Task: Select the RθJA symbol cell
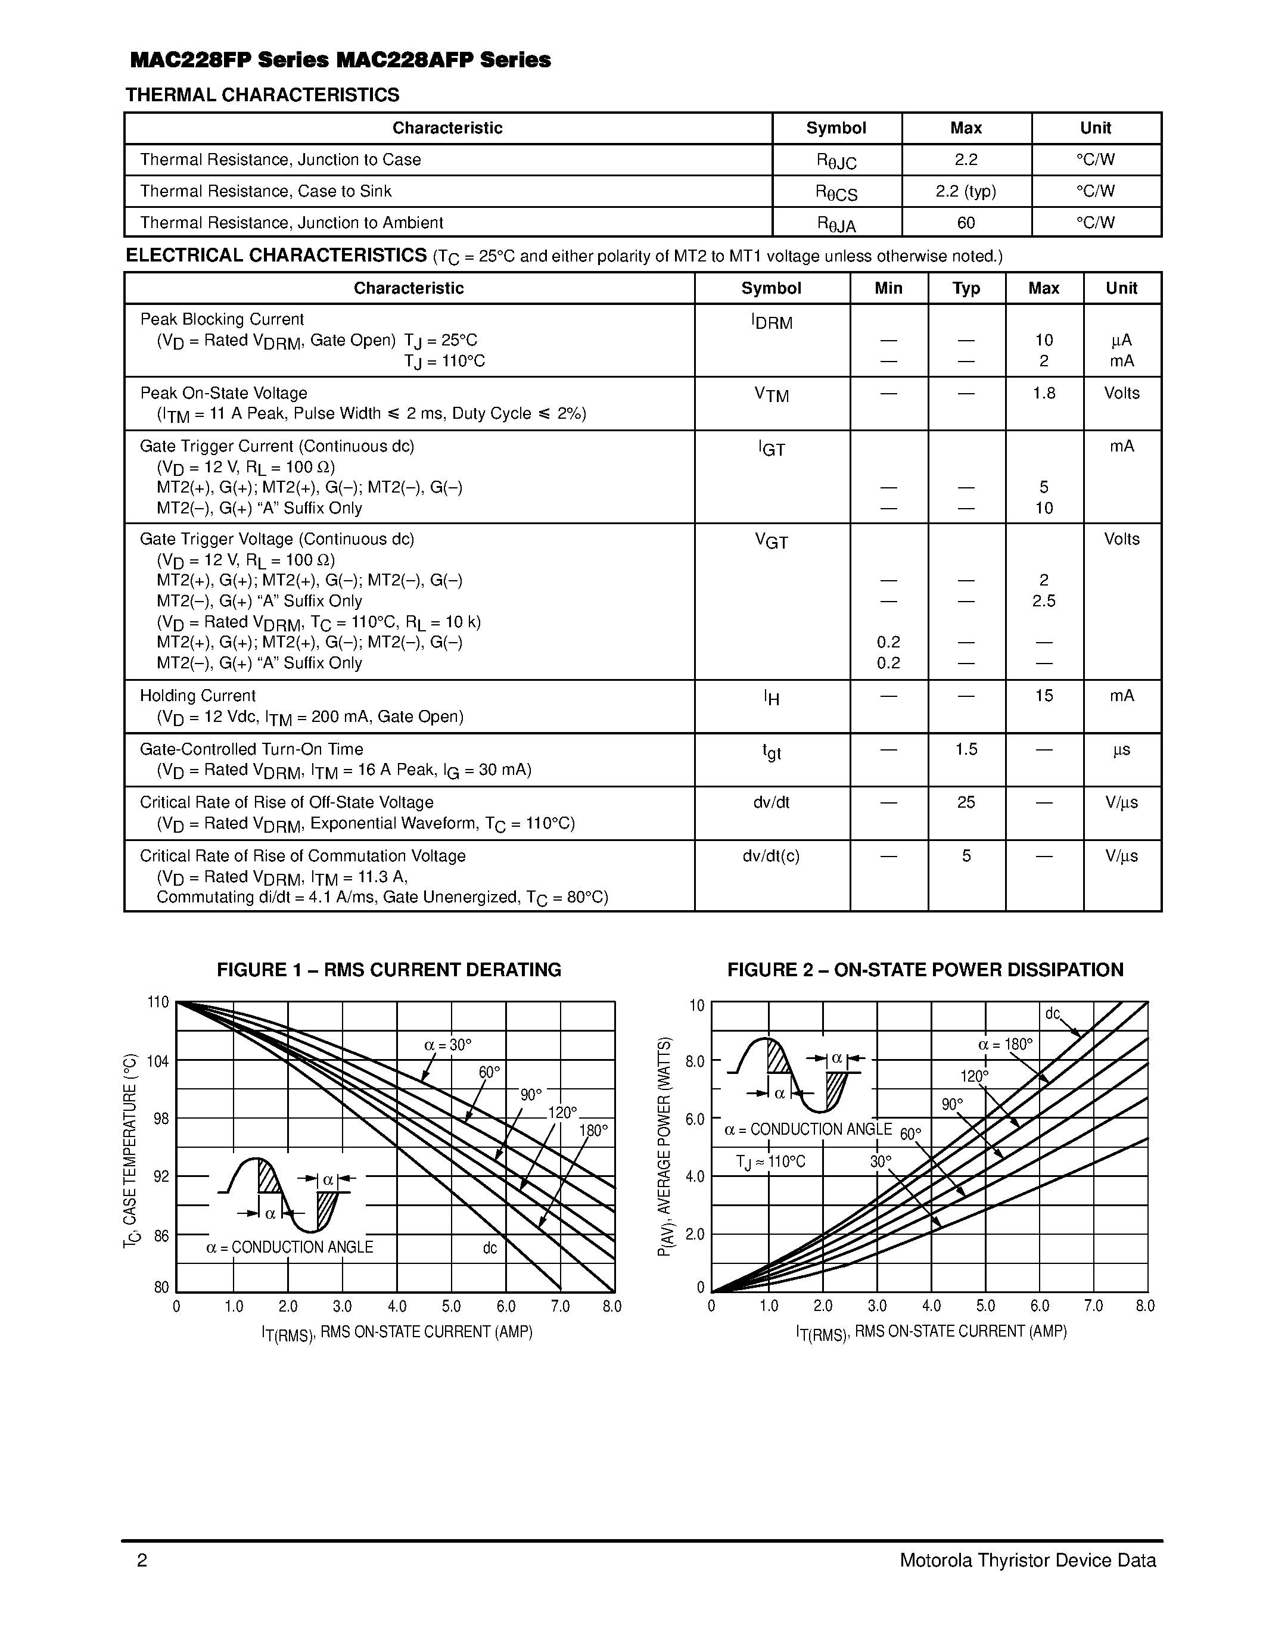point(836,223)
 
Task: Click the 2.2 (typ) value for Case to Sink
point(966,191)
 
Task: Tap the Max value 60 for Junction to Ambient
point(966,223)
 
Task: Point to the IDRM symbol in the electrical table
point(772,322)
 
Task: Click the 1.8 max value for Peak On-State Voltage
point(1043,393)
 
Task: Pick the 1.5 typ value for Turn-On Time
point(966,749)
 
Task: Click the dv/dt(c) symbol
point(771,856)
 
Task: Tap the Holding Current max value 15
point(1043,695)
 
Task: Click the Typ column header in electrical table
point(966,288)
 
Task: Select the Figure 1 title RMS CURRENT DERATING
point(388,970)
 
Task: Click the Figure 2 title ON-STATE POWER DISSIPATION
point(925,970)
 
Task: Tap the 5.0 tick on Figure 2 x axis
point(985,1306)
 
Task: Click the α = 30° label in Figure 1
point(448,1045)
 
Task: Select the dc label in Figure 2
point(1053,1014)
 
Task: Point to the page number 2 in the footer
point(142,1560)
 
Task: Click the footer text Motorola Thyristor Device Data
point(1028,1560)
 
